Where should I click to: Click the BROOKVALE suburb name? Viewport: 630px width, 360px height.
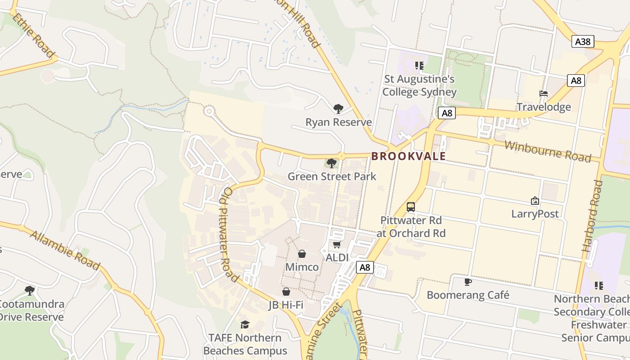409,156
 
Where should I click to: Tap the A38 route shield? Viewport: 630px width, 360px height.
583,42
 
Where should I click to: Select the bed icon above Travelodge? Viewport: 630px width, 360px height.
544,94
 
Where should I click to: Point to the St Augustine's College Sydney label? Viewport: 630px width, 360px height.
419,85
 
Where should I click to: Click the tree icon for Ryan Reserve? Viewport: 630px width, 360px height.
338,108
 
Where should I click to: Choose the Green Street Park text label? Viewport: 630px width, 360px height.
332,176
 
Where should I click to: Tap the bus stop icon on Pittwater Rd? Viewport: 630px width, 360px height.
411,207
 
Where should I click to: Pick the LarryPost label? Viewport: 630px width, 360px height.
535,214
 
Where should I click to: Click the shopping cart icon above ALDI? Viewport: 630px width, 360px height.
337,244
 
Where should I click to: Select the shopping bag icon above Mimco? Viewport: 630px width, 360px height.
302,254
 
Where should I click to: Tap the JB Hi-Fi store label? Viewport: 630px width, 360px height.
286,305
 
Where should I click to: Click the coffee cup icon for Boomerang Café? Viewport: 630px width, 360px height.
468,282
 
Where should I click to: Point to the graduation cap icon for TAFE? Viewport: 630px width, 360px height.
245,324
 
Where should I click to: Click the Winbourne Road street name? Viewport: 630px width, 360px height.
547,151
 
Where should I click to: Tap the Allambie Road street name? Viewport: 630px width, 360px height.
65,251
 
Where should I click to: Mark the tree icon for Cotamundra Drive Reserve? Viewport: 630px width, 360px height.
30,290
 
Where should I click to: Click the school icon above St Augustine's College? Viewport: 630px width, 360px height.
419,66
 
